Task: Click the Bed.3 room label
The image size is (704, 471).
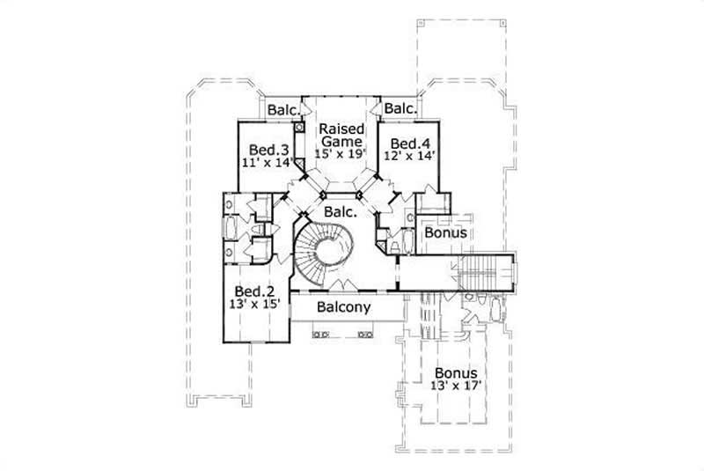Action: (266, 149)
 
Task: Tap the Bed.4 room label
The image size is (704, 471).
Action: (409, 144)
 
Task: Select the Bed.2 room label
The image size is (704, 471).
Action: (253, 291)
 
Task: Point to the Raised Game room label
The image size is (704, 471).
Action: (341, 135)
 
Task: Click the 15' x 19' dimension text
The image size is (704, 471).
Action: (341, 154)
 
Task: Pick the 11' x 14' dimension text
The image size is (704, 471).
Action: (266, 162)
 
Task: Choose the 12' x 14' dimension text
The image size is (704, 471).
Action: (409, 157)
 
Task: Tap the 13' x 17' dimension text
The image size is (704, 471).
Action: (455, 386)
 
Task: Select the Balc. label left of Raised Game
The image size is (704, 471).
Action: (283, 110)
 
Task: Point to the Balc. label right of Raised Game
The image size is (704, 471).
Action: (400, 109)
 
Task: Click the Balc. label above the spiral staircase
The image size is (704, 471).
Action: (340, 212)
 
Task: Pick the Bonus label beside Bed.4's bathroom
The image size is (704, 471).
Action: (445, 233)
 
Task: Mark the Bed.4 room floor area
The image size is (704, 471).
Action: (410, 172)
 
